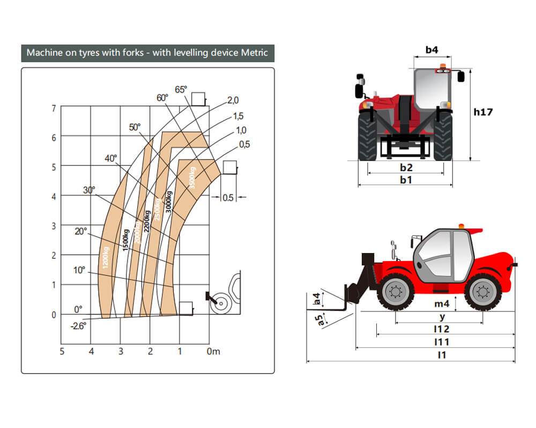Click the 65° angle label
[x=181, y=89]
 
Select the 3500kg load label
[x=192, y=178]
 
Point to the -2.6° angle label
[x=78, y=324]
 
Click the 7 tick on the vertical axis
[x=54, y=109]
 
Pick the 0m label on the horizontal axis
[x=214, y=351]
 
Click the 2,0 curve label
[x=233, y=100]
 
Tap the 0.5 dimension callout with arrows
[x=228, y=197]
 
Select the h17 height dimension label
[x=483, y=112]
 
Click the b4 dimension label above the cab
[x=432, y=50]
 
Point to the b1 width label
[x=406, y=180]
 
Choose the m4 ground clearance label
[x=442, y=304]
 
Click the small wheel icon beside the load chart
[x=220, y=303]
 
